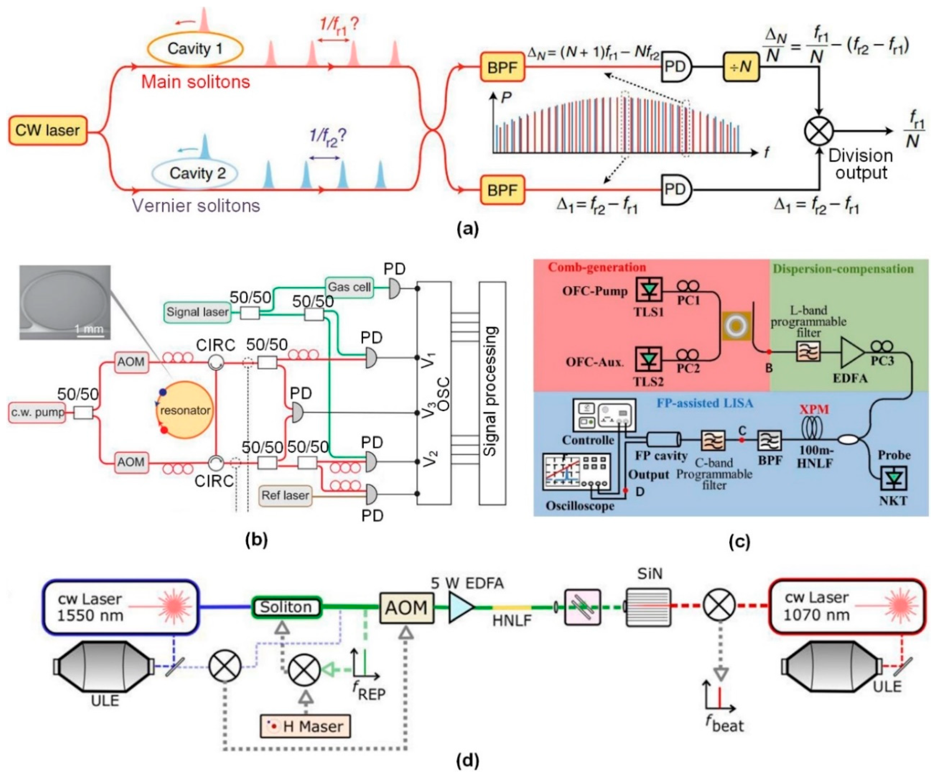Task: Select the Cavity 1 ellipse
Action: (x=195, y=48)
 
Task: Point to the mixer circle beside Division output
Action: (x=819, y=131)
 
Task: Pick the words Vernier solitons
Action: (x=196, y=206)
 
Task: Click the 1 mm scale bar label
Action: (x=89, y=329)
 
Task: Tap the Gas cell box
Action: (x=349, y=287)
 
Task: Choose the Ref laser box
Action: (x=285, y=496)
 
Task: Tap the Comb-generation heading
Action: (x=597, y=267)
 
